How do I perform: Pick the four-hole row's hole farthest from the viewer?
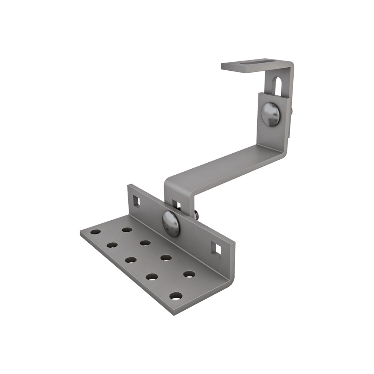coord(127,229)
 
